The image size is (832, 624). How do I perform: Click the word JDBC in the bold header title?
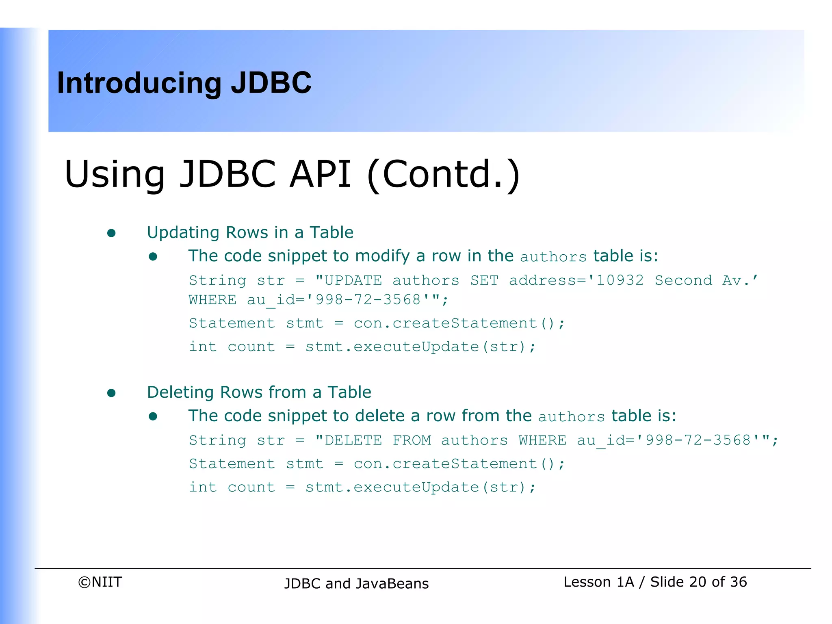coord(271,83)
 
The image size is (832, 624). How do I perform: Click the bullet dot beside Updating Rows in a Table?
coord(111,233)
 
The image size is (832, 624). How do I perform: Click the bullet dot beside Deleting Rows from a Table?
coord(111,393)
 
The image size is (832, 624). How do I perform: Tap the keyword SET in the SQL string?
coord(484,280)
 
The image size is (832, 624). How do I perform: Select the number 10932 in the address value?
coord(620,280)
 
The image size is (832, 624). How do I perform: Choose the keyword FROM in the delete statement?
coord(412,440)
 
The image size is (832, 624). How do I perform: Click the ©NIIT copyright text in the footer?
coord(100,582)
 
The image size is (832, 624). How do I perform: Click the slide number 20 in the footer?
coord(698,582)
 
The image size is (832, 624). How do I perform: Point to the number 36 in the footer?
coord(738,582)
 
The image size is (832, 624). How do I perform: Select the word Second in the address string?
coord(683,280)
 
